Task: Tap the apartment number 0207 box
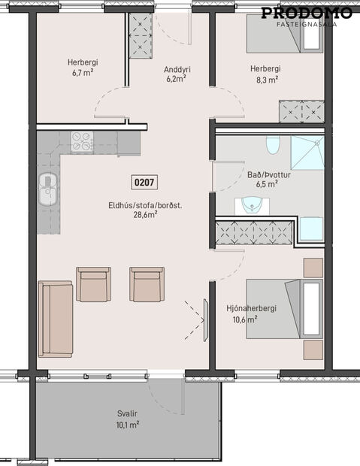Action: point(144,182)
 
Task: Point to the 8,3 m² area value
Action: point(268,78)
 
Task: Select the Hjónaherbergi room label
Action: point(242,308)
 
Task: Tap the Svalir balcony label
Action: point(127,413)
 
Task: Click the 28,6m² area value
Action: point(144,214)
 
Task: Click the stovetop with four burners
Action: point(81,141)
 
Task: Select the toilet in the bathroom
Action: point(273,144)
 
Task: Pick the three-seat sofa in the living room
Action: point(55,319)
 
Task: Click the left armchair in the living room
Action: point(93,284)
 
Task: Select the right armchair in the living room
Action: point(146,284)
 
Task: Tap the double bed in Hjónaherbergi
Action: point(274,309)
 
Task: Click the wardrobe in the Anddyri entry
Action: point(141,36)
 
